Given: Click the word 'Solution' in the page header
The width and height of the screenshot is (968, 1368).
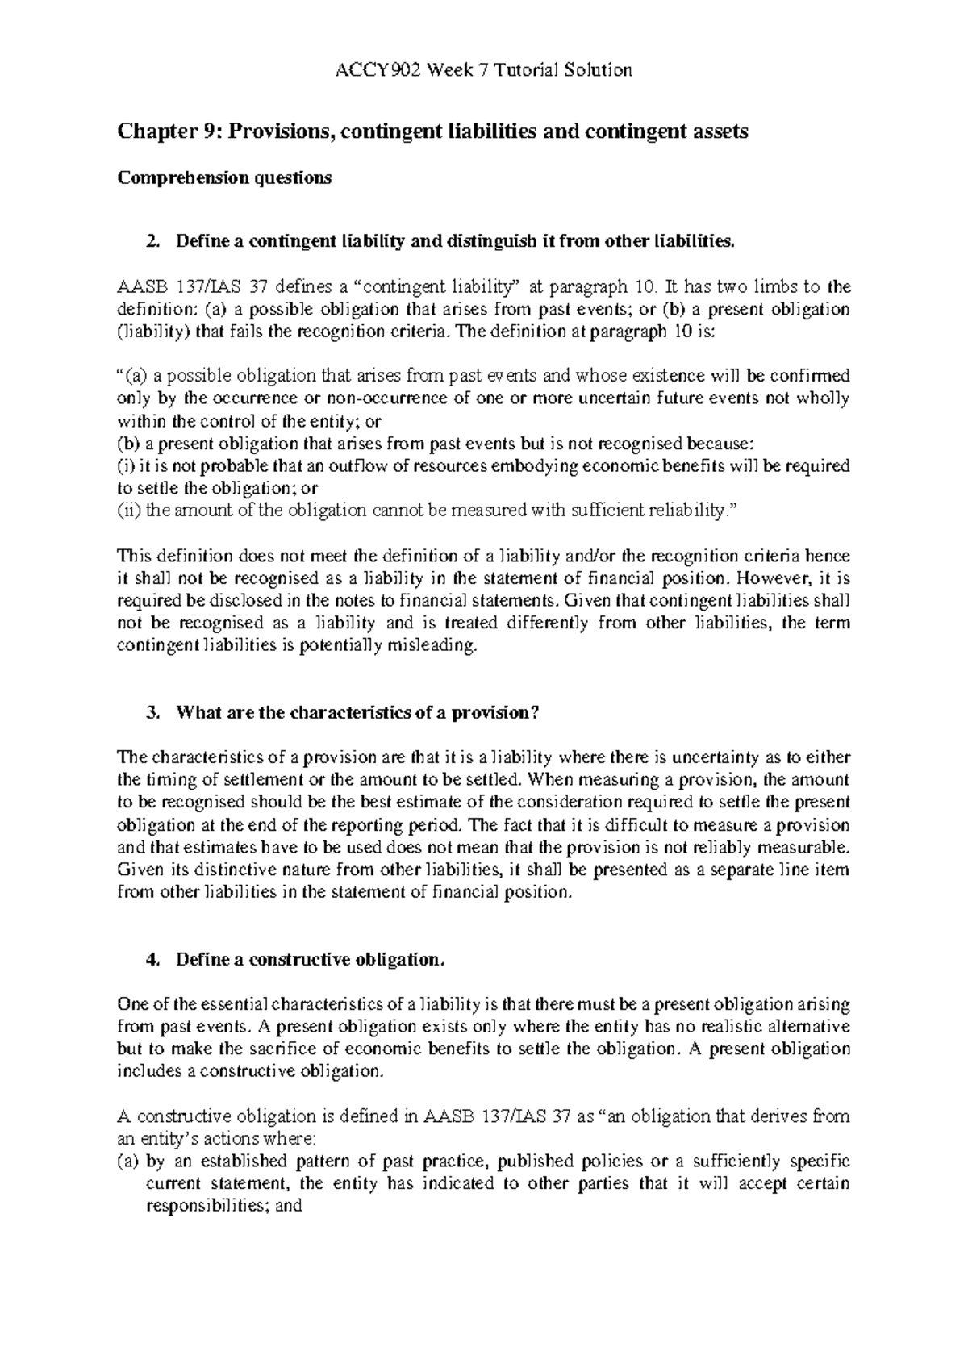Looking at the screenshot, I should coord(600,70).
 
